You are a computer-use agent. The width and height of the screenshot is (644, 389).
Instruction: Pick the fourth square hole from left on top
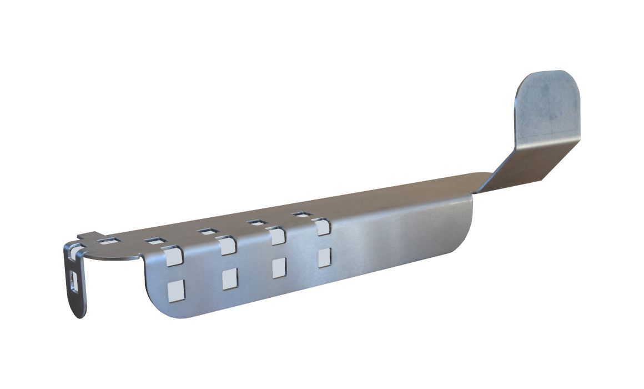[x=254, y=222]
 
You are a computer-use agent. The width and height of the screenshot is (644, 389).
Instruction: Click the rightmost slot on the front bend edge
[x=321, y=227]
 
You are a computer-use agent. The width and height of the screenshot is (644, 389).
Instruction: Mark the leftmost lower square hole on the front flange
[x=176, y=289]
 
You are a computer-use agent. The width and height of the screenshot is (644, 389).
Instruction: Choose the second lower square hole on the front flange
[x=229, y=278]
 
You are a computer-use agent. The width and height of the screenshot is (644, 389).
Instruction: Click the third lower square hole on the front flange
[x=278, y=268]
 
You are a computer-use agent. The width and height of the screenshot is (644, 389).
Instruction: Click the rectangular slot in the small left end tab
[x=74, y=280]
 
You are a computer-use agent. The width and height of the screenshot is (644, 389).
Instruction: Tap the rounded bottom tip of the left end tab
[x=79, y=313]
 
